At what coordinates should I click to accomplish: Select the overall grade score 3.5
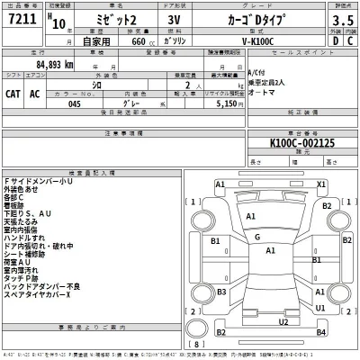341,19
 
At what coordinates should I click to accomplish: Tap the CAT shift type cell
14,93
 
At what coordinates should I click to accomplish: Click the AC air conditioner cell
35,93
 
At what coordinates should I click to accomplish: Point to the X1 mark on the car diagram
319,184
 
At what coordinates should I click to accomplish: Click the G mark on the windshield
256,237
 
